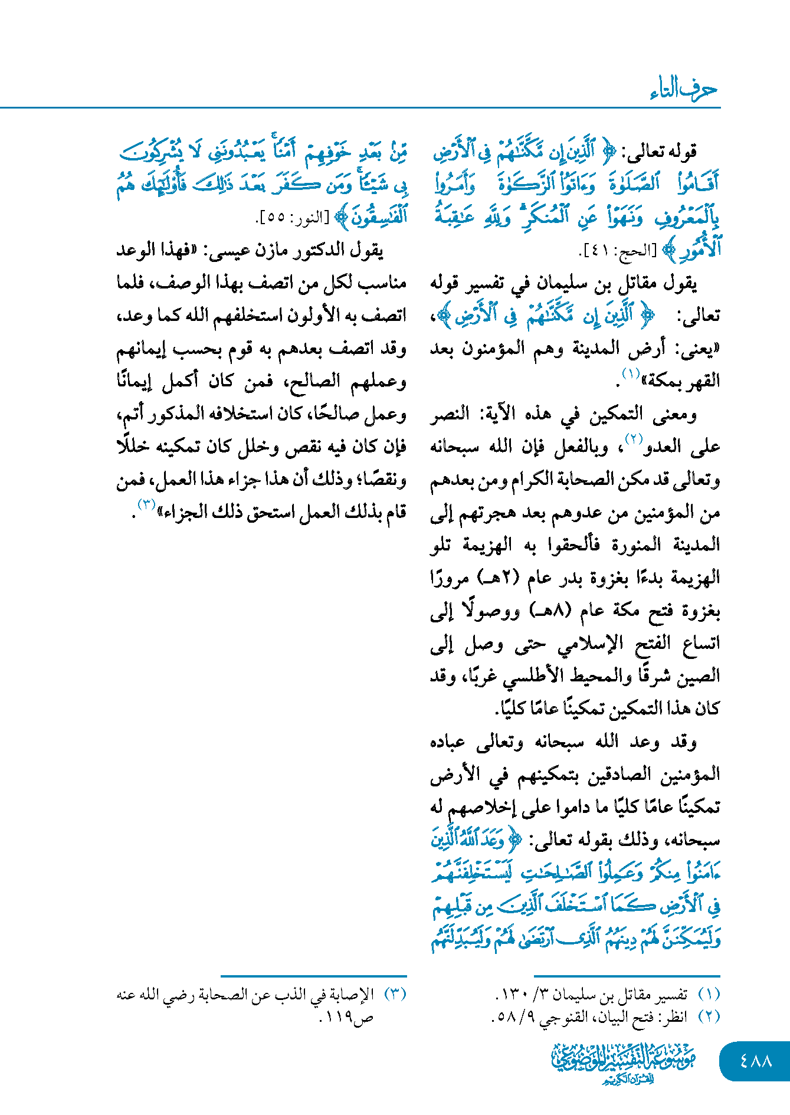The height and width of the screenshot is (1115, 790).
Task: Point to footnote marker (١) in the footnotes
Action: point(709,994)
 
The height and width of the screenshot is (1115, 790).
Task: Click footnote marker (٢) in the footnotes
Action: point(709,1016)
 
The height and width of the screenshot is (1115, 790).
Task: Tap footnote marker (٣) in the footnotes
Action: point(395,994)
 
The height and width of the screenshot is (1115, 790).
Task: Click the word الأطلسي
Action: point(530,676)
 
